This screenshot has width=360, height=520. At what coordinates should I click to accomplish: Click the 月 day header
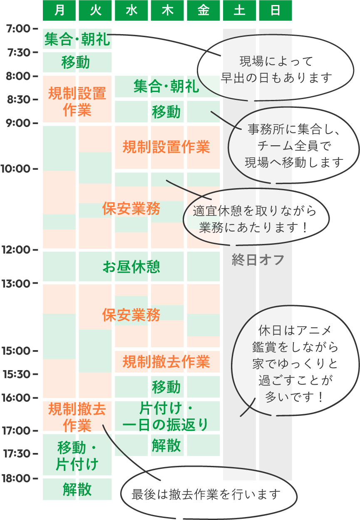(60, 10)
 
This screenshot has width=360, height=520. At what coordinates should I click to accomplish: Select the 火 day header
(95, 10)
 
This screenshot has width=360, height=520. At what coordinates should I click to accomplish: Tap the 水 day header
(131, 10)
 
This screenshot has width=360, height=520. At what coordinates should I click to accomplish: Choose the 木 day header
(167, 10)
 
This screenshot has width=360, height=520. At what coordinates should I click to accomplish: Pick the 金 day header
(203, 10)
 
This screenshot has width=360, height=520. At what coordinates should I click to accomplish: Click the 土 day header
(239, 10)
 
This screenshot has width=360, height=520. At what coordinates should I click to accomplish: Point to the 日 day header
(276, 10)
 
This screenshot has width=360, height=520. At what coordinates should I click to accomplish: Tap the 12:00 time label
(16, 250)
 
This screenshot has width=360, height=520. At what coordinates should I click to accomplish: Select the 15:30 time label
(16, 374)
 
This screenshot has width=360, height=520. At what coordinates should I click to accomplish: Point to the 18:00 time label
(16, 478)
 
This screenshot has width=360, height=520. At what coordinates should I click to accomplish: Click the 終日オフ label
(258, 260)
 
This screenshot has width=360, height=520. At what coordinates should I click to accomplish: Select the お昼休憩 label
(131, 267)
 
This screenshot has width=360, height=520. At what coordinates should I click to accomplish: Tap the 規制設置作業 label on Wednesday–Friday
(166, 147)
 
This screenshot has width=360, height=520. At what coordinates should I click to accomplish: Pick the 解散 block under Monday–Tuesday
(77, 489)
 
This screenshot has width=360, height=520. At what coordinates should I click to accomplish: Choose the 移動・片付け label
(77, 456)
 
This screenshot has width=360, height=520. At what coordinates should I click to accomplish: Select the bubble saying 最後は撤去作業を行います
(206, 494)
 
